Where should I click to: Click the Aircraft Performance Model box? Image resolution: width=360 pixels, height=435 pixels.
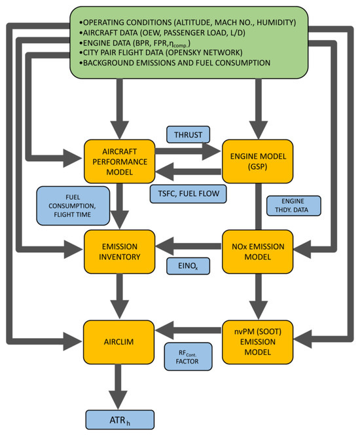coord(119,161)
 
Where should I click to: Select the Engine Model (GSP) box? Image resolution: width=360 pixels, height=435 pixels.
coord(258,161)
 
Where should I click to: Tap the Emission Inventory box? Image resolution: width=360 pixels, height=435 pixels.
coord(119,252)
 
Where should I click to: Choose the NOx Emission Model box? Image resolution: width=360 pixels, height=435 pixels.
coord(258,252)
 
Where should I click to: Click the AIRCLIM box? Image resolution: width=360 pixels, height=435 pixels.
coord(118,342)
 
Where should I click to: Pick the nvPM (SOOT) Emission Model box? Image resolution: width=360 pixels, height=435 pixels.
coord(258,342)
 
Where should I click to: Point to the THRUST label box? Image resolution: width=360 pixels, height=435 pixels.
coord(188,135)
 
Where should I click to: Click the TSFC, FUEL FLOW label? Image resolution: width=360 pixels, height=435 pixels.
coord(188,194)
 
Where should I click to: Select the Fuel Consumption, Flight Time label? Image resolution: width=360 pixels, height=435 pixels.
coord(73,206)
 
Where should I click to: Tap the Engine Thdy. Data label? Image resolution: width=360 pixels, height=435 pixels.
coord(293,206)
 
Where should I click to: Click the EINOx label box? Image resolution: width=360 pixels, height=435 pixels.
coord(188,266)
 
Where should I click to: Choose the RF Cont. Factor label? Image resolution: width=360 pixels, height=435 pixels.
coord(188,356)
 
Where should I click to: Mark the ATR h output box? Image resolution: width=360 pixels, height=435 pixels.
coord(120,420)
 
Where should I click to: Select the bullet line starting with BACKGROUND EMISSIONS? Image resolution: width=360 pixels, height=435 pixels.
coord(175,63)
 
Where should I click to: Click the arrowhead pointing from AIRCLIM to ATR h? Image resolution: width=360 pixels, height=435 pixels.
coord(118,400)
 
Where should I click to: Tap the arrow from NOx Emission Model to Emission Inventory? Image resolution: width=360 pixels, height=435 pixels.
coord(189,246)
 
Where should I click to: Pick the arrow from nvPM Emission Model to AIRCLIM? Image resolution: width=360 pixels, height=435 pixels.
coord(189,330)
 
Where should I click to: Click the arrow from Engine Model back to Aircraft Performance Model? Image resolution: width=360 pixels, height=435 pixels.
coord(189,172)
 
